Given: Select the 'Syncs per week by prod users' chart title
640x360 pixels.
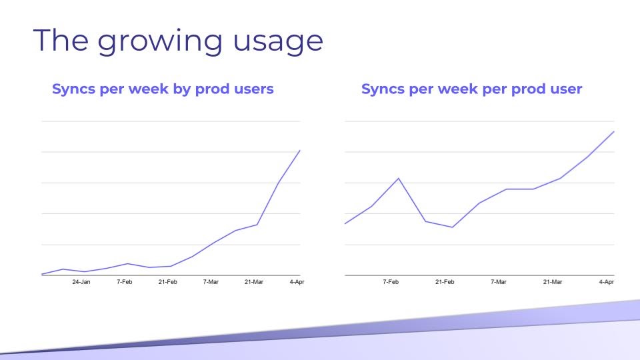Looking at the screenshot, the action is click(x=163, y=89).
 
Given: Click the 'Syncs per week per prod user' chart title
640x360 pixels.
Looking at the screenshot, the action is click(x=471, y=89).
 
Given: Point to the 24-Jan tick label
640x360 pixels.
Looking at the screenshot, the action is click(x=81, y=282).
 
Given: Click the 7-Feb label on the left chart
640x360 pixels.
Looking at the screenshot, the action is click(x=125, y=282).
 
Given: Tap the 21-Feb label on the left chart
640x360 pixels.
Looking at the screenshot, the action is click(x=168, y=282).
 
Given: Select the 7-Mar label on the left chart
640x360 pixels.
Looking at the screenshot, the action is click(x=211, y=282).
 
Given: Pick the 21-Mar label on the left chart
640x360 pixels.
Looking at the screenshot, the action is click(x=254, y=282).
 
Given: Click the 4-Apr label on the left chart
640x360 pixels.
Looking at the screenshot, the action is click(x=297, y=282).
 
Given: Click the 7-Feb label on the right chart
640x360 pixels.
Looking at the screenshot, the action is click(x=391, y=282).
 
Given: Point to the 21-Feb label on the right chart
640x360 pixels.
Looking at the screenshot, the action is click(x=445, y=282).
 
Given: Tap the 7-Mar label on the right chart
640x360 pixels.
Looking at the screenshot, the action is click(x=499, y=282).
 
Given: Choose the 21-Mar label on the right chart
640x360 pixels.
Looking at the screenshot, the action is click(x=553, y=282).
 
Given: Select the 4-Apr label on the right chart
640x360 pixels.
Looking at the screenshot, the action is click(x=607, y=282).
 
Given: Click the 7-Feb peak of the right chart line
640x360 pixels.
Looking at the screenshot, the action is click(x=399, y=179).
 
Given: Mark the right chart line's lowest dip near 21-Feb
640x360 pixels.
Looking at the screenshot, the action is click(x=452, y=227).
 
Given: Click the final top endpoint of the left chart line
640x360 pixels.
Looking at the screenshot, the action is click(x=300, y=151).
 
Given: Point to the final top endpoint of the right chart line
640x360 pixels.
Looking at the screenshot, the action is click(x=614, y=131).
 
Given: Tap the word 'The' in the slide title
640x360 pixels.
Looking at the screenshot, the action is click(x=61, y=40).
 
